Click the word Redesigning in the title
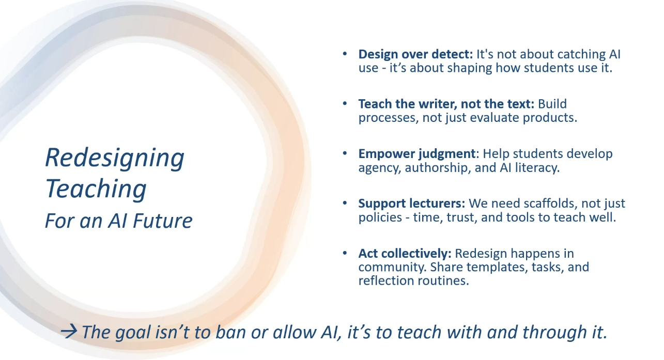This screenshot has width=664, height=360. click(115, 159)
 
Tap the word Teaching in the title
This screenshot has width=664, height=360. click(96, 189)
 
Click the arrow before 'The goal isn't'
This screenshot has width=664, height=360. click(69, 331)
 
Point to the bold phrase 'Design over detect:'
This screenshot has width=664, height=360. click(415, 54)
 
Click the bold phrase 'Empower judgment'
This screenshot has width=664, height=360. click(417, 154)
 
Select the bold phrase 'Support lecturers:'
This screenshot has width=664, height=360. click(412, 204)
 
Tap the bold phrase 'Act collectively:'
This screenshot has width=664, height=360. click(405, 254)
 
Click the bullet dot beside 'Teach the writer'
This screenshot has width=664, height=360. click(345, 104)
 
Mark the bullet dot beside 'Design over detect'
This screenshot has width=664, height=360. click(345, 54)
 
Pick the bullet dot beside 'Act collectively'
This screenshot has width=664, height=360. click(345, 253)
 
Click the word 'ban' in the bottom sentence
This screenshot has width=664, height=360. click(230, 332)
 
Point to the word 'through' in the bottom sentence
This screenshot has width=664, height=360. click(554, 333)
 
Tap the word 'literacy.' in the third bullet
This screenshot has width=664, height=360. click(537, 168)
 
